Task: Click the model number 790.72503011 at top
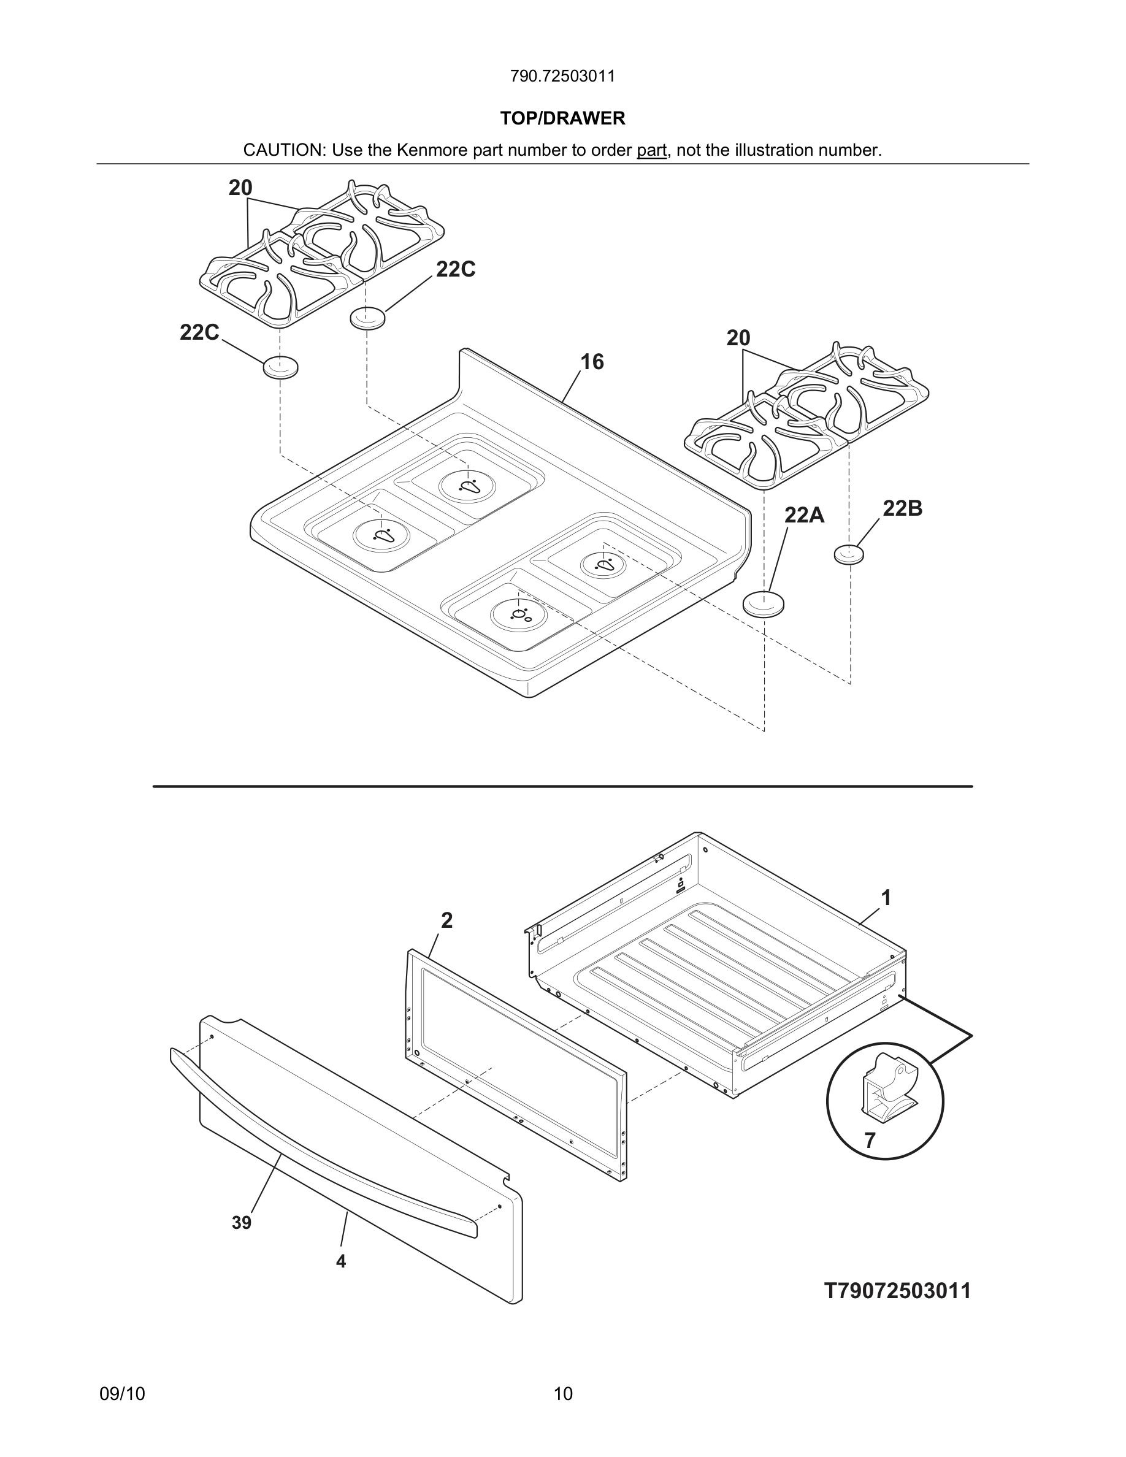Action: (562, 76)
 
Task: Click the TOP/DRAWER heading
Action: (562, 118)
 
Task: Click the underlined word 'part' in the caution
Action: (651, 150)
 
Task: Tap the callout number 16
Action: (592, 362)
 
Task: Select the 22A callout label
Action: (804, 515)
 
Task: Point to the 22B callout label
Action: (903, 508)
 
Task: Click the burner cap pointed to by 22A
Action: (763, 604)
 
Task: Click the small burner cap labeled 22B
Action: (849, 554)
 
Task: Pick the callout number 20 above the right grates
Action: (738, 338)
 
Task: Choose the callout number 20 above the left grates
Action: (240, 188)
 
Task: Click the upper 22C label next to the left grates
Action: (456, 270)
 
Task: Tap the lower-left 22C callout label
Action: (199, 332)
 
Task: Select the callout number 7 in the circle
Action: (870, 1141)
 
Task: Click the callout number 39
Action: (242, 1223)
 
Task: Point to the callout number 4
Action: (341, 1261)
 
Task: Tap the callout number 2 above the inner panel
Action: (446, 920)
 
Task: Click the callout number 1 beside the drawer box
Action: (886, 898)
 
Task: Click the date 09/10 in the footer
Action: (122, 1394)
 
